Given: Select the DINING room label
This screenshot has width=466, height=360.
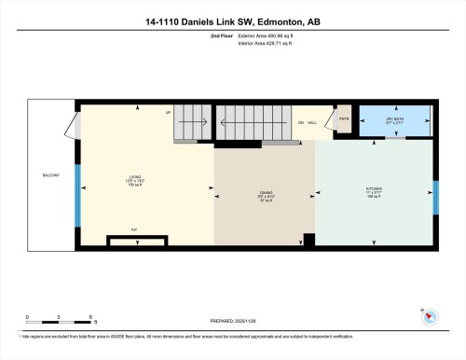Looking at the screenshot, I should (266, 195).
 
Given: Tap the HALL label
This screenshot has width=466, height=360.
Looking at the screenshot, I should (313, 123).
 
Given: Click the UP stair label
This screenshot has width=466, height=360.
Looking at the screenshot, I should (168, 112).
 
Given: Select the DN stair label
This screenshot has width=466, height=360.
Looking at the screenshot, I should (300, 123).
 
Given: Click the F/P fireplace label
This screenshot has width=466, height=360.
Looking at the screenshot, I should (133, 228).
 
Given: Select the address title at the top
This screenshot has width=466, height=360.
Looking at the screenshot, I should (232, 21).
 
